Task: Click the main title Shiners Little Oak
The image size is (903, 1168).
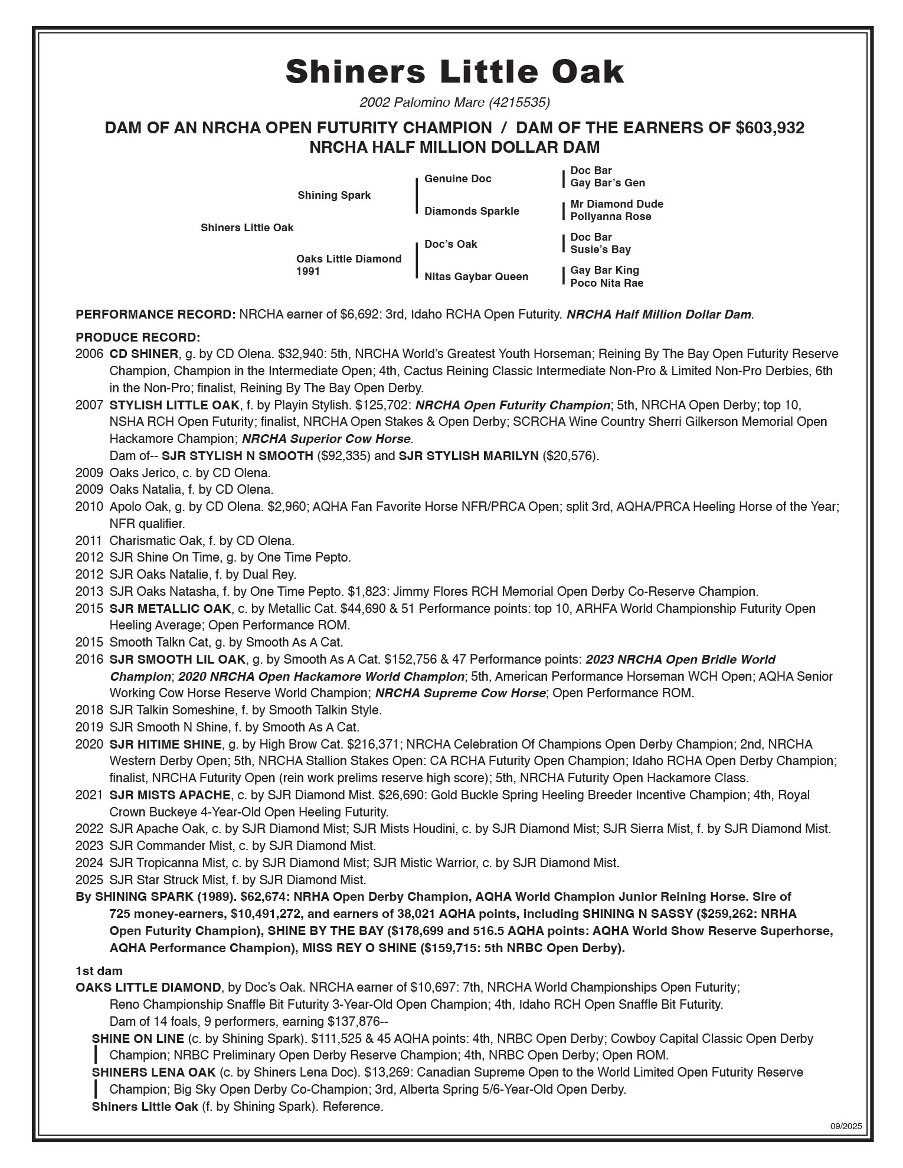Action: point(454,72)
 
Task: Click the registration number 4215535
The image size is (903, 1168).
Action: point(519,103)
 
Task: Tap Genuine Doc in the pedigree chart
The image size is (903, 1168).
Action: point(457,179)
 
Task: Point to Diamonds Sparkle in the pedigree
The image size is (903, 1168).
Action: point(472,211)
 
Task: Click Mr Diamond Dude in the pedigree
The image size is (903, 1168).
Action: point(616,204)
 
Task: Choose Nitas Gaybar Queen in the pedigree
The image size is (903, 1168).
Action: point(476,277)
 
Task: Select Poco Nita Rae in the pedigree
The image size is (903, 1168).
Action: point(606,283)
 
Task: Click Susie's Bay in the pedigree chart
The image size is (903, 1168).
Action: point(600,250)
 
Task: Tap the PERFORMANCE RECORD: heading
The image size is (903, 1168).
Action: point(155,314)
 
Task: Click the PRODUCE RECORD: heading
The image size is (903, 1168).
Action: point(138,337)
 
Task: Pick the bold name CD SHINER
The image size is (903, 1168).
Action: point(143,354)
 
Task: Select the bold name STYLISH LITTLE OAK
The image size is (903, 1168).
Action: point(174,405)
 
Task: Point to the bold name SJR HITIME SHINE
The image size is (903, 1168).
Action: point(165,744)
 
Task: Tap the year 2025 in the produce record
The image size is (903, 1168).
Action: point(89,880)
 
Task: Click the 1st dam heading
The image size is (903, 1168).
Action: point(99,970)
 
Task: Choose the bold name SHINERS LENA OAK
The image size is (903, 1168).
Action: point(153,1072)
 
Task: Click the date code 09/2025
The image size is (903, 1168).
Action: point(846,1126)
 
